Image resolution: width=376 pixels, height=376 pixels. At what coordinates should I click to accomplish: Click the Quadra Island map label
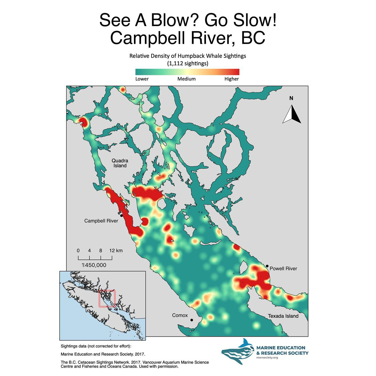click(x=120, y=163)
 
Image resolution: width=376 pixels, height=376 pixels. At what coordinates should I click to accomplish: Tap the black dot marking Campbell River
click(x=121, y=216)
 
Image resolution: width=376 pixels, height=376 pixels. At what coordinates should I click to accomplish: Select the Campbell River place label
click(x=101, y=221)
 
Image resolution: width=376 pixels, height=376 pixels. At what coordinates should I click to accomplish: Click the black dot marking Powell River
click(x=267, y=266)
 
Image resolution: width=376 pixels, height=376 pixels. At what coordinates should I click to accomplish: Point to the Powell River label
click(x=283, y=268)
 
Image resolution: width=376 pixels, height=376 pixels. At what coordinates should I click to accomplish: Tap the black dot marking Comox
click(x=192, y=320)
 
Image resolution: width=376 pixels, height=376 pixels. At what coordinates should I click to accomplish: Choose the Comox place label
click(x=180, y=315)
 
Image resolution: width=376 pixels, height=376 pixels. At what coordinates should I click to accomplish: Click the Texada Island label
click(x=283, y=316)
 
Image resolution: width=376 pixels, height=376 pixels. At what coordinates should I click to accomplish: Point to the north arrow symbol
click(x=292, y=115)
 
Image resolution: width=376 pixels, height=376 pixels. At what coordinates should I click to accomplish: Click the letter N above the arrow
click(x=291, y=98)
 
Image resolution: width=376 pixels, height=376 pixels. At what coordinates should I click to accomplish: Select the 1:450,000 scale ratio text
click(x=94, y=265)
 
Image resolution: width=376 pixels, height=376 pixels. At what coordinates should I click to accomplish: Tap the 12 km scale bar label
click(x=116, y=251)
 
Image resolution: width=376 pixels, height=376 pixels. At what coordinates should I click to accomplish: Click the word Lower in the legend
click(x=142, y=79)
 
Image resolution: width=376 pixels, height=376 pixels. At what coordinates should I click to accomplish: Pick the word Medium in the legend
click(x=187, y=79)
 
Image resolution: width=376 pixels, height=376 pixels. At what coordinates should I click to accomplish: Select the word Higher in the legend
click(x=231, y=79)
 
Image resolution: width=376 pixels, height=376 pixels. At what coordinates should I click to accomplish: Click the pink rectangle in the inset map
click(x=107, y=298)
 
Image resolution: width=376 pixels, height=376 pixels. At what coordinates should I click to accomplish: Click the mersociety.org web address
click(x=267, y=357)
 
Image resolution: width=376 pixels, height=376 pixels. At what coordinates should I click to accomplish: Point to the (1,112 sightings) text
click(x=188, y=63)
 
